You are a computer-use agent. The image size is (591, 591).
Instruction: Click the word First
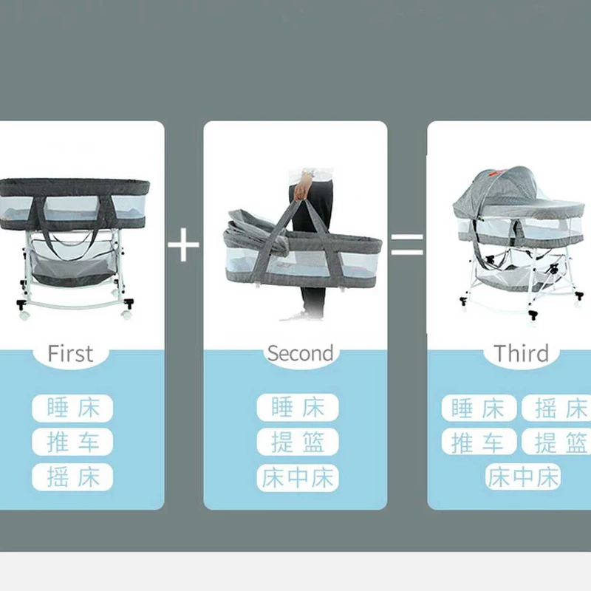(70, 354)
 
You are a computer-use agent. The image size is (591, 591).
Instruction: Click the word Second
(301, 353)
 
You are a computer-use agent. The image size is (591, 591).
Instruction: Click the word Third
(522, 353)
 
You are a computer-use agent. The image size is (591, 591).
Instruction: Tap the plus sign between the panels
(183, 245)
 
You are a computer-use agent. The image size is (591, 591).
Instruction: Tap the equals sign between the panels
(407, 244)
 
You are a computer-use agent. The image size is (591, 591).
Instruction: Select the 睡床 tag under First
(72, 409)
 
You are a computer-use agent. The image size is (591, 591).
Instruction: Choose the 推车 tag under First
(72, 442)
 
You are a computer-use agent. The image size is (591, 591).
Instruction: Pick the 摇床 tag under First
(72, 476)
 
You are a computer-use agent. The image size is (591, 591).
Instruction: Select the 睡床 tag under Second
(298, 408)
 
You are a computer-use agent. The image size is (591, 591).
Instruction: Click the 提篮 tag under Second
(298, 442)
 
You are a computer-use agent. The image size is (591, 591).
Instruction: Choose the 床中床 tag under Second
(298, 477)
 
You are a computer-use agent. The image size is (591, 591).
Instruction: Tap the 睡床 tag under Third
(479, 409)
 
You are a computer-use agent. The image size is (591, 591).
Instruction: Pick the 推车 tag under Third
(479, 442)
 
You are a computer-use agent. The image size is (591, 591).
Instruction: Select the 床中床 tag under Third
(523, 476)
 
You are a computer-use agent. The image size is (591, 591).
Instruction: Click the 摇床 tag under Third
(556, 409)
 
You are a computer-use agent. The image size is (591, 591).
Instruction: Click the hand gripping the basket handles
(303, 188)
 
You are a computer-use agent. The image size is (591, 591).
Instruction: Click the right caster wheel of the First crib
(127, 308)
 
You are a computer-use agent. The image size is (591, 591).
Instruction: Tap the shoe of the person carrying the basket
(301, 317)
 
